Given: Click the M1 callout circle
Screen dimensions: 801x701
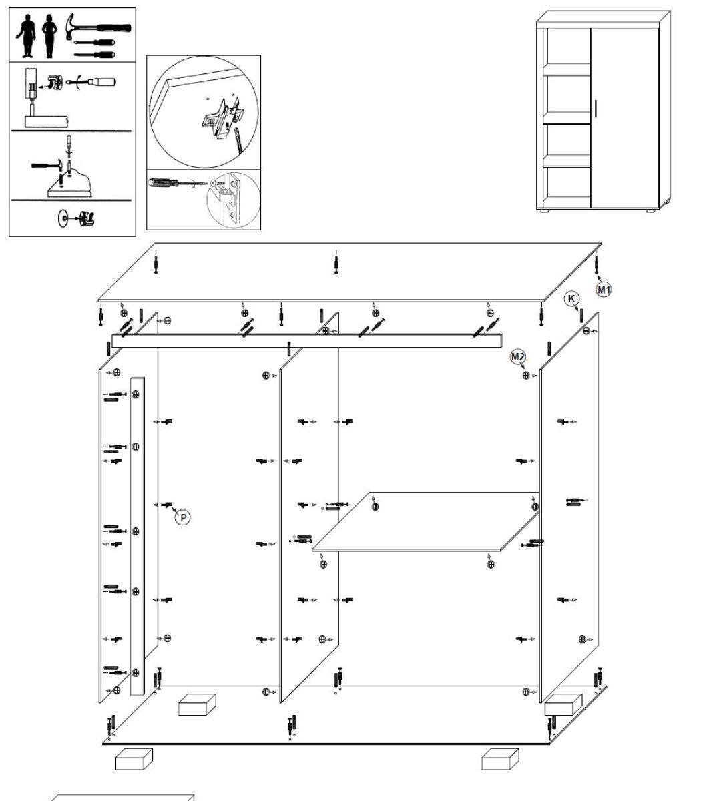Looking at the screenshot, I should click(x=604, y=289).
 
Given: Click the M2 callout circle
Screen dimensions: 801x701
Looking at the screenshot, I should click(x=518, y=357).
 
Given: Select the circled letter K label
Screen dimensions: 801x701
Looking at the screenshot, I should click(x=571, y=299).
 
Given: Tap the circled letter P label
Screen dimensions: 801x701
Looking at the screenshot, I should click(x=182, y=516).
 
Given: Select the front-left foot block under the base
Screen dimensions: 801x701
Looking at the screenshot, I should click(x=134, y=758).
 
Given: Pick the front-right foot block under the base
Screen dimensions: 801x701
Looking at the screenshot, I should click(x=500, y=758).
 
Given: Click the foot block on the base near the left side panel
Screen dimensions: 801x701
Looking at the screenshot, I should click(x=197, y=704).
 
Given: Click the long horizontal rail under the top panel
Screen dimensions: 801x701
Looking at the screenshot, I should click(x=307, y=341).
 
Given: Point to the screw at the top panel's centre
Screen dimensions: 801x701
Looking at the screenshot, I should click(x=336, y=262).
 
